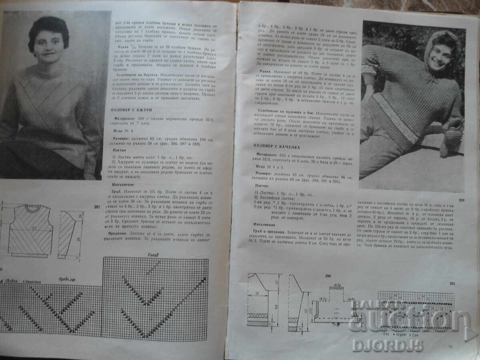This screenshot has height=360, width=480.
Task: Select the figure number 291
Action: pos(452,284)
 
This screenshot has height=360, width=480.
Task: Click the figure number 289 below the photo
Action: pos(461,200)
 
